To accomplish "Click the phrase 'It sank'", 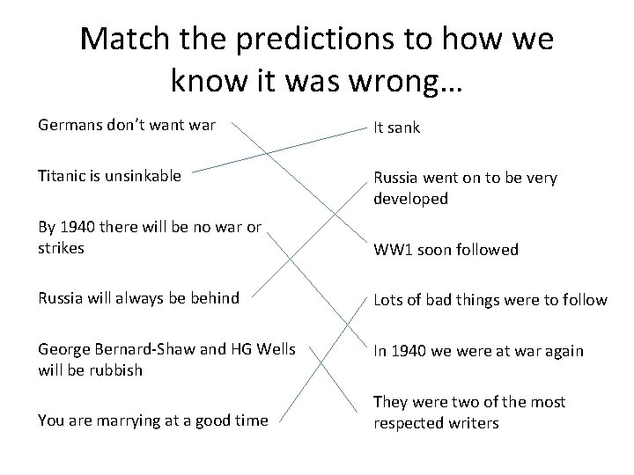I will [x=397, y=128].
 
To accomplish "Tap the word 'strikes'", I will [x=61, y=247].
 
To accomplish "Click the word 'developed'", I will [x=411, y=199].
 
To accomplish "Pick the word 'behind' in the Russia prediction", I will [x=215, y=297].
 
